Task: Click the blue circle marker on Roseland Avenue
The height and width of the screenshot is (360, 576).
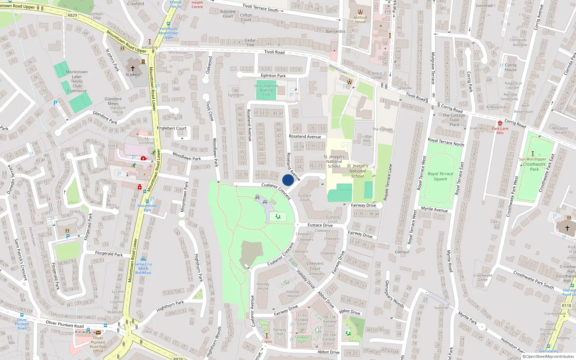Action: coord(288,180)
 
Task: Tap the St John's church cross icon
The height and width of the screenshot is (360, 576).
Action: coord(132,68)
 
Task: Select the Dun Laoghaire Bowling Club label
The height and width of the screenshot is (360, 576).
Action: coord(266,90)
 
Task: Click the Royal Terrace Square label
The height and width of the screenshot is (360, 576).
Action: coord(440,176)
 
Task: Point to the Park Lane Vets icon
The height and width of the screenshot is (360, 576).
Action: coord(500,123)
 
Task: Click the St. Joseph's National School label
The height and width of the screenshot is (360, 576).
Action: coord(334,161)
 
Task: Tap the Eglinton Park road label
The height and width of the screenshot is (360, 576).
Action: coord(273,76)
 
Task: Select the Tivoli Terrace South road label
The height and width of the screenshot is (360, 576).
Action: coord(260,8)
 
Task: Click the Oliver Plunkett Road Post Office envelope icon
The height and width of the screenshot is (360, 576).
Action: coord(98,333)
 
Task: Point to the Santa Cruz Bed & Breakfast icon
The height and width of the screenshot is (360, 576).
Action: coord(143,259)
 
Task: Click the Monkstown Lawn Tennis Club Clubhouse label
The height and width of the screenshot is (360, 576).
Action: coord(77,81)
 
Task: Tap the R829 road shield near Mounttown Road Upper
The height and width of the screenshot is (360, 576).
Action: coord(72,15)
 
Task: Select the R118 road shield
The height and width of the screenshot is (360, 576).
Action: coord(566,306)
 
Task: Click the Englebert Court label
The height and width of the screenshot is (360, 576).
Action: coord(172,128)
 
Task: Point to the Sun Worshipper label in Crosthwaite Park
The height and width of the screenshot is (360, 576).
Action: coord(532,159)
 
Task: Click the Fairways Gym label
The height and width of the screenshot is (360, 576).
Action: coord(302,339)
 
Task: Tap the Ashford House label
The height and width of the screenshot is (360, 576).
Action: coord(360,19)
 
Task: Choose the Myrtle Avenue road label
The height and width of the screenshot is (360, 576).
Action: coord(435,209)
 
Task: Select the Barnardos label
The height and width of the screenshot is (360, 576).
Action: coord(336,31)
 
